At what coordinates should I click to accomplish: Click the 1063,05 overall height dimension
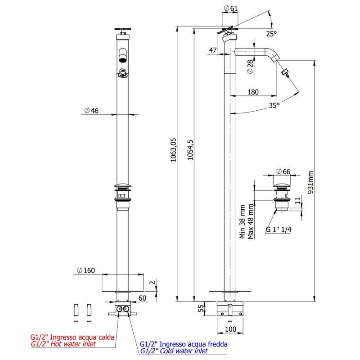(x=173, y=150)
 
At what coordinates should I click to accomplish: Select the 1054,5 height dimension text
(x=190, y=150)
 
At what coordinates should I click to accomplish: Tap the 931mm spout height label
(x=310, y=183)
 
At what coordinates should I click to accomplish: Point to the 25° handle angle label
(x=272, y=34)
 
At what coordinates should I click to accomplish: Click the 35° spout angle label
(x=274, y=105)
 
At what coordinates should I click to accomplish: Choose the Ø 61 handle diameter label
(x=231, y=9)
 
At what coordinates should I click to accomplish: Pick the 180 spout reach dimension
(x=253, y=92)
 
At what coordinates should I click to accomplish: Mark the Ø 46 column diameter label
(x=91, y=111)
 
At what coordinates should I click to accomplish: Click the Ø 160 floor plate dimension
(x=86, y=270)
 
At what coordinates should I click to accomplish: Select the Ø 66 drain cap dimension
(x=283, y=171)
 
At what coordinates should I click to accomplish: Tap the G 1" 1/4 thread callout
(x=279, y=229)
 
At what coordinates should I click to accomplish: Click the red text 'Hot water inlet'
(x=73, y=344)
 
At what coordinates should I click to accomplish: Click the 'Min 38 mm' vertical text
(x=243, y=221)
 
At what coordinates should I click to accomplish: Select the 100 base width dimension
(x=230, y=329)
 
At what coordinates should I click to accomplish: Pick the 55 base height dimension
(x=201, y=308)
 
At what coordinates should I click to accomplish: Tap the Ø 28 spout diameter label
(x=250, y=67)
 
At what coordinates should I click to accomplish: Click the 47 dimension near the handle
(x=213, y=50)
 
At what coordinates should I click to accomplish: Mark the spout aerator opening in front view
(x=123, y=60)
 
